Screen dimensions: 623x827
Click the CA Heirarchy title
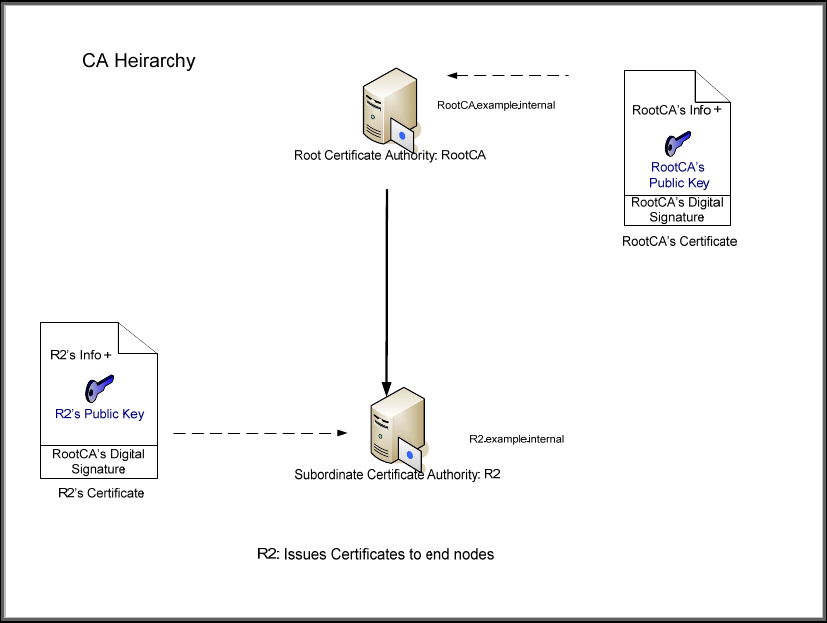tap(139, 61)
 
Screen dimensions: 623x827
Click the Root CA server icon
tap(387, 108)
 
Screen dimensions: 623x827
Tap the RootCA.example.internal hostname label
tap(496, 104)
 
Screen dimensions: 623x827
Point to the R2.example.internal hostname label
tap(516, 439)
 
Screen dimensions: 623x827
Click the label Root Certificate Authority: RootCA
tap(390, 155)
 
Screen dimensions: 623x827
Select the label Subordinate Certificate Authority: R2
tap(397, 474)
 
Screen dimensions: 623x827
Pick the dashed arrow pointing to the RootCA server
tap(507, 75)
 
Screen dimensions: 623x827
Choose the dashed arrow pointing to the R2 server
tap(260, 433)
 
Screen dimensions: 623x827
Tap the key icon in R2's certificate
tap(98, 387)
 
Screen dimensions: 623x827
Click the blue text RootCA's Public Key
tap(679, 175)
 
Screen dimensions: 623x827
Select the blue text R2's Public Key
tap(99, 413)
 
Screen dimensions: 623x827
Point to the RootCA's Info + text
tap(677, 110)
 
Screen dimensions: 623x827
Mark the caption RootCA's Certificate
tap(679, 241)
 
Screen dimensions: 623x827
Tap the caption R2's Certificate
tap(100, 493)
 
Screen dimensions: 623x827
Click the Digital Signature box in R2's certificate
tap(98, 461)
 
